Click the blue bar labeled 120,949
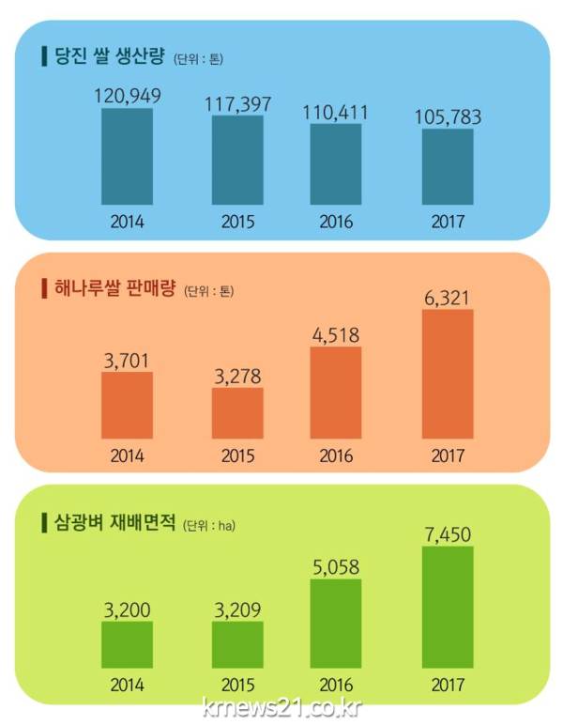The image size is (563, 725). coord(127,157)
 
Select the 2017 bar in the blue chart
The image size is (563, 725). coord(448,167)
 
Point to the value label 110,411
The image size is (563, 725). coord(336,113)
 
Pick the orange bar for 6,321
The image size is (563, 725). coord(448,374)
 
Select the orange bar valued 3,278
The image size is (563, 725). coord(237,413)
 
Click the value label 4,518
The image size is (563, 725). coord(336,335)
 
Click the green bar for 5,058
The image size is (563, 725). coord(336,624)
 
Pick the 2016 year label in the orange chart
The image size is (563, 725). coord(336,456)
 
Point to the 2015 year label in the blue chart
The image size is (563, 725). coord(237,223)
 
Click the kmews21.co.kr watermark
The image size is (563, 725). coord(281,707)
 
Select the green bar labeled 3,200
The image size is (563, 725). coord(127,644)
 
